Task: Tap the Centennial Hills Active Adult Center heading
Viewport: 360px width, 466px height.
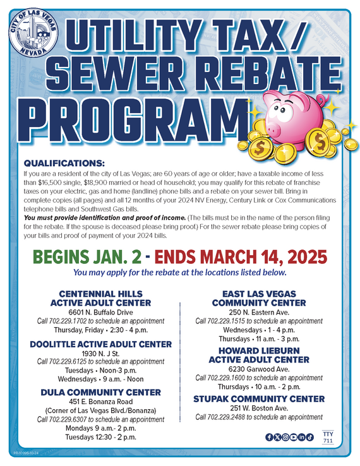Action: click(101, 298)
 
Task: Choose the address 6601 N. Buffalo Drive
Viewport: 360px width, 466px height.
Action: click(101, 312)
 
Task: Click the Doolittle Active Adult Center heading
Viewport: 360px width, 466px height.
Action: click(101, 344)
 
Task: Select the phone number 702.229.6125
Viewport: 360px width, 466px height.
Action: click(68, 361)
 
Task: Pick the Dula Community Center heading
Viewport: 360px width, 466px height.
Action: click(101, 392)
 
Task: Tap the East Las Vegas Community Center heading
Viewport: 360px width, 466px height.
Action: click(261, 298)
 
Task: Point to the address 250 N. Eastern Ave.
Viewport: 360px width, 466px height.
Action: click(261, 312)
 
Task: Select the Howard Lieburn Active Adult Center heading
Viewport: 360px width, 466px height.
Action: click(261, 355)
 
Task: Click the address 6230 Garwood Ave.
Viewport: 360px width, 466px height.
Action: click(261, 369)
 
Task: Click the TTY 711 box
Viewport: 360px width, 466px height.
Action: click(327, 437)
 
